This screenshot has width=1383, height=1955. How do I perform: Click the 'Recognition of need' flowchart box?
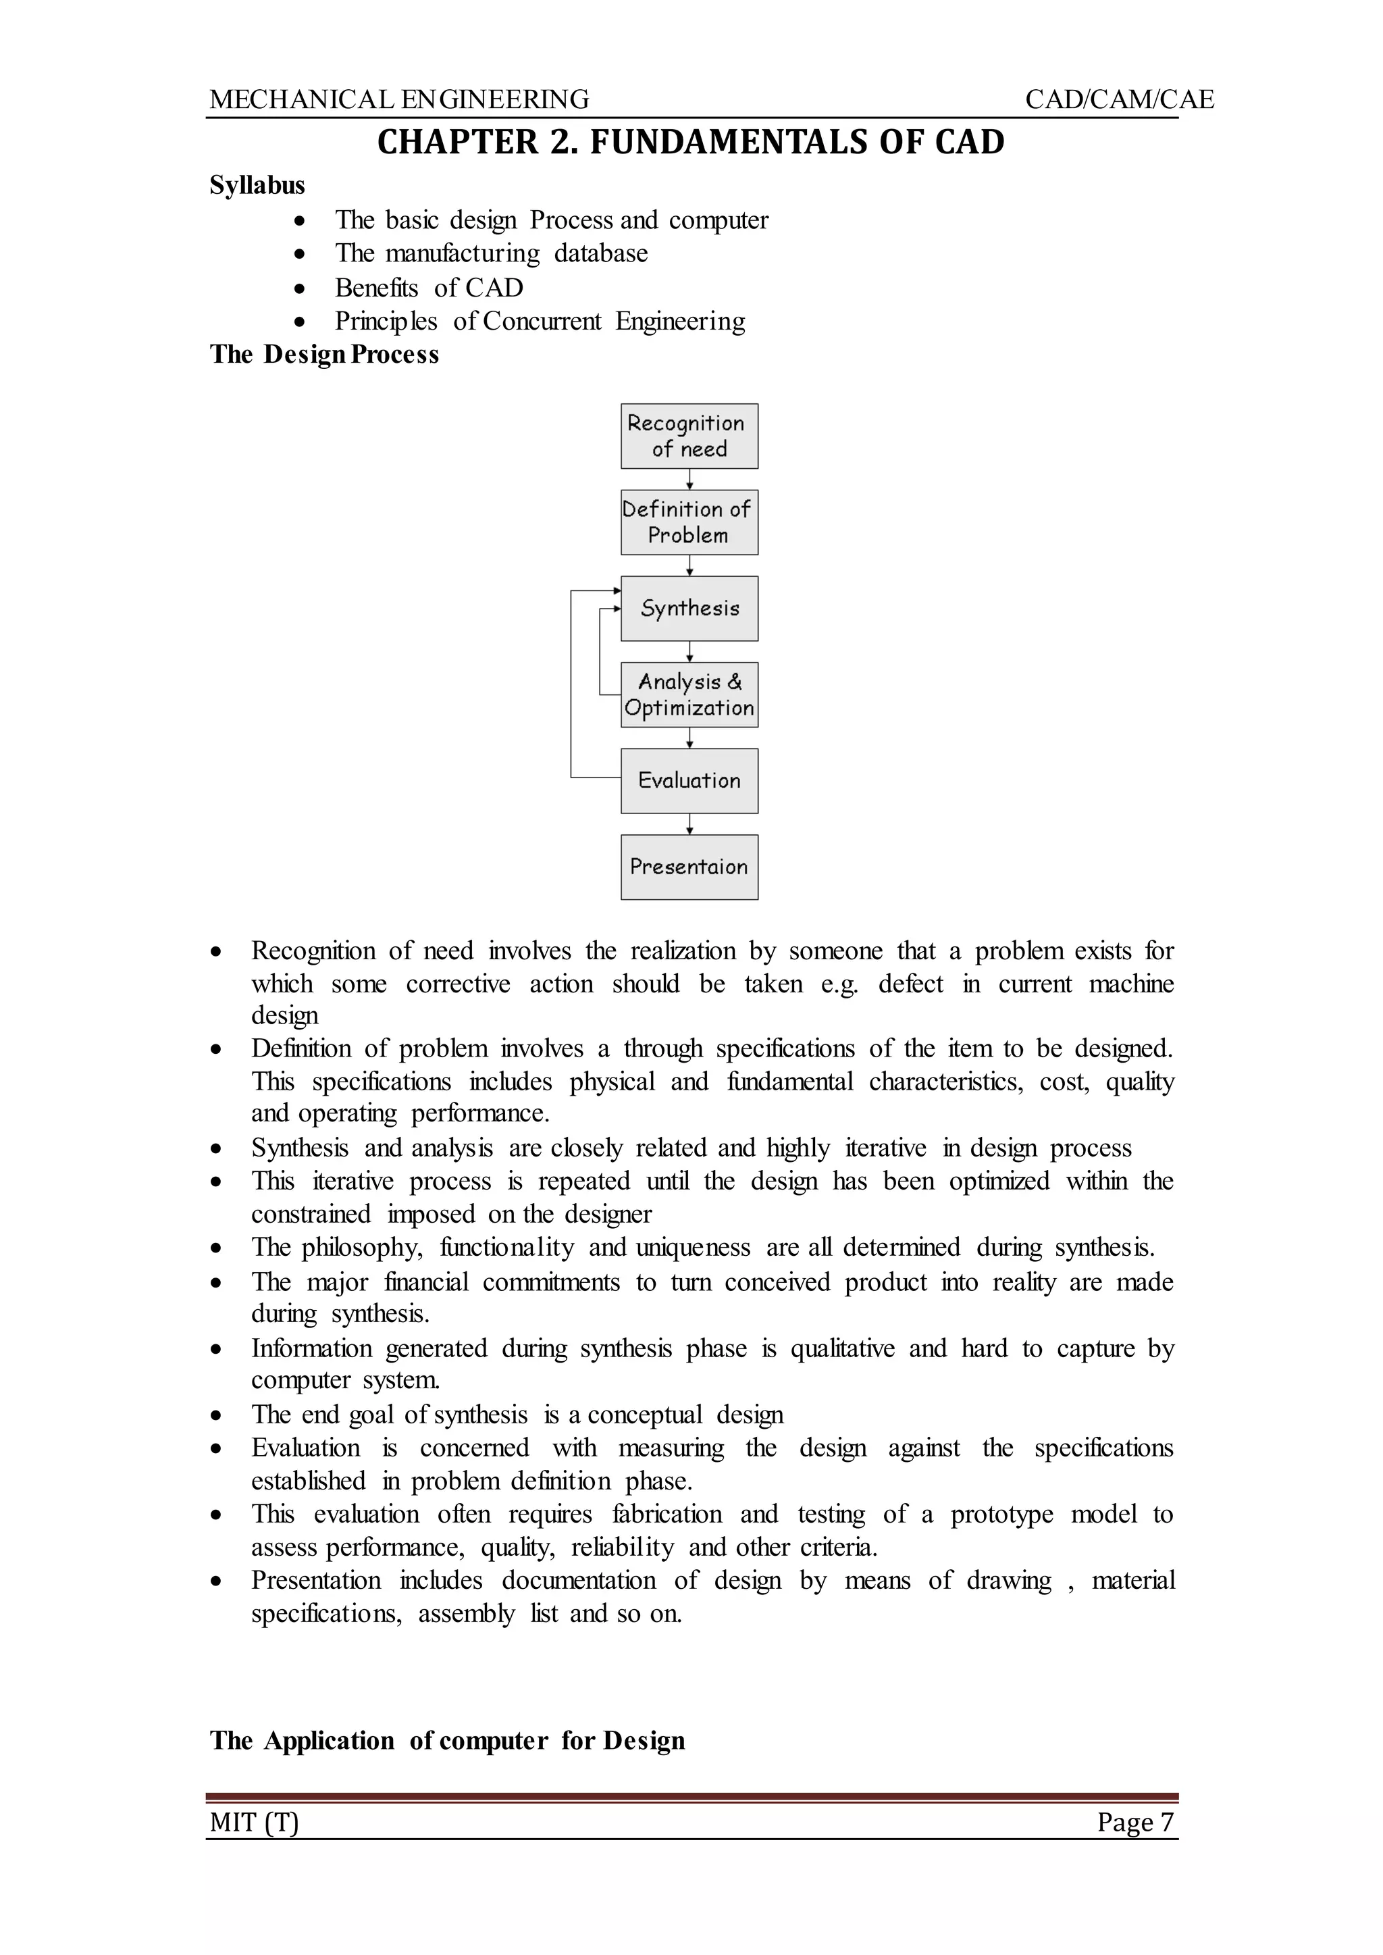coord(689,436)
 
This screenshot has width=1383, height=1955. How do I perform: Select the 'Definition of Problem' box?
coord(689,522)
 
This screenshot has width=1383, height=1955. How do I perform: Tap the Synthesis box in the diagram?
coord(689,608)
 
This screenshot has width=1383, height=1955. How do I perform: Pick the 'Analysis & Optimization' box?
coord(689,694)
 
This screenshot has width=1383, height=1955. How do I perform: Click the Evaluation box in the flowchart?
coord(689,780)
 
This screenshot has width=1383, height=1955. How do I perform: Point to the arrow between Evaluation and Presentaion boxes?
coord(689,823)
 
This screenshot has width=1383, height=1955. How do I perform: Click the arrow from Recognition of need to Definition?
coord(689,480)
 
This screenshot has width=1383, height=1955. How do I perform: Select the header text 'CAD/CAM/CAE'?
coord(1119,100)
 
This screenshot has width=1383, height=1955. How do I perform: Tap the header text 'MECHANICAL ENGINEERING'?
coord(398,100)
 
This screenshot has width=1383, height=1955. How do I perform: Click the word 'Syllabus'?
coord(257,185)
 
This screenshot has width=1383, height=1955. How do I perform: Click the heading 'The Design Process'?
coord(324,355)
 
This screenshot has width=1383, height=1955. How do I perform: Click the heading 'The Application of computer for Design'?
coord(447,1740)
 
